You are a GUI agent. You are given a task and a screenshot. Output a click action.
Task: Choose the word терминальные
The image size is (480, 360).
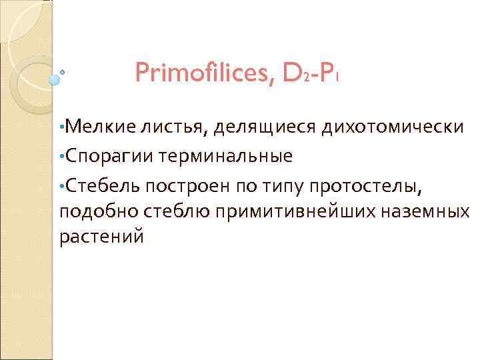(x=227, y=156)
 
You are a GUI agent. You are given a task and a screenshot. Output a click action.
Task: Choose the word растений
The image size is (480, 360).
(x=101, y=238)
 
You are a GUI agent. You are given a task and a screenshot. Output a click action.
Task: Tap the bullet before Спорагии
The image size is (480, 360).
(x=62, y=156)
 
